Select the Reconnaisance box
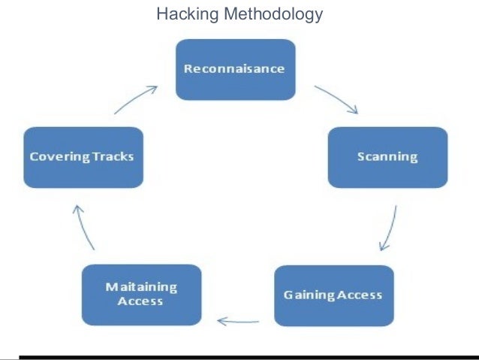coord(234,69)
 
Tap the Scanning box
coord(387,156)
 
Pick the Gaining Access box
coord(333,295)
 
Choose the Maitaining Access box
coord(141,295)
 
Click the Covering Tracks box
coord(83,156)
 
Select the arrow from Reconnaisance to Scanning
coord(336,99)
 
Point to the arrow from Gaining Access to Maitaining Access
coord(238,322)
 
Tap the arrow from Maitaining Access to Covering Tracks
coord(83,227)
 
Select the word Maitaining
coord(141,288)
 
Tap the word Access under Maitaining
coord(140,301)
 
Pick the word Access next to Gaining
coord(359,294)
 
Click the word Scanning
coord(387,156)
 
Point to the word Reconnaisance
coord(234,68)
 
